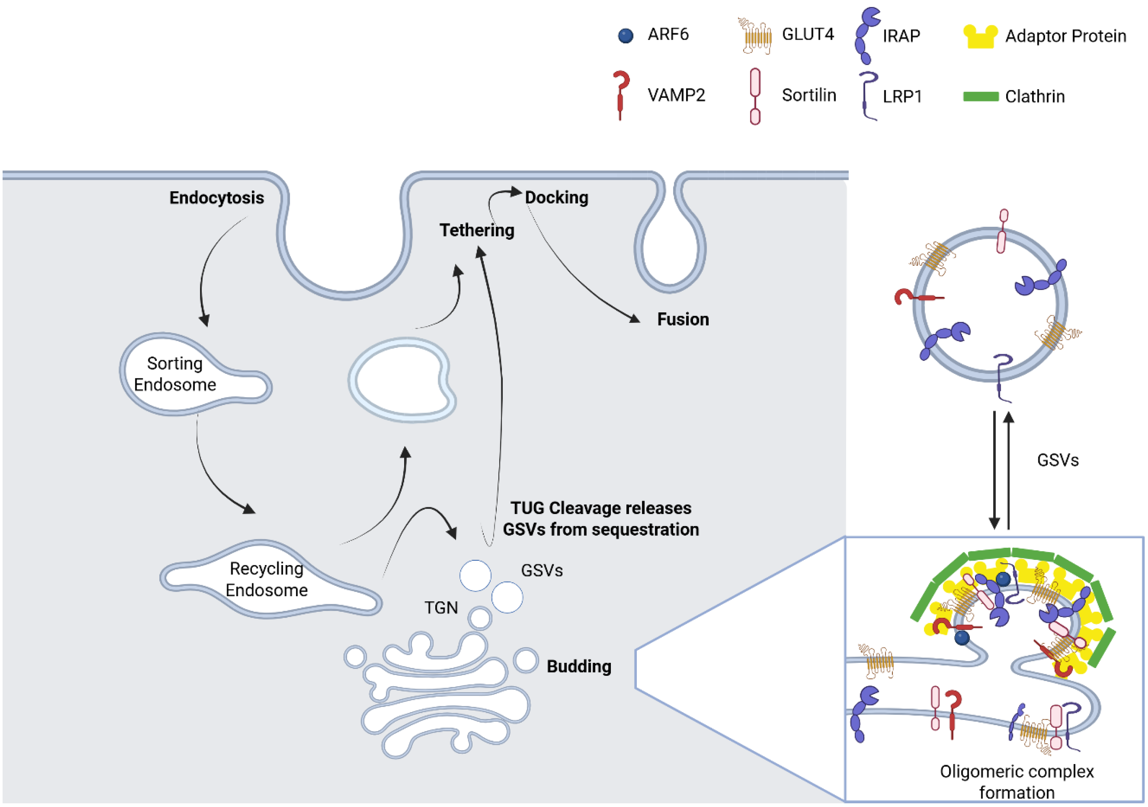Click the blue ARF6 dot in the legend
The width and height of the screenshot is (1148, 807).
(x=626, y=36)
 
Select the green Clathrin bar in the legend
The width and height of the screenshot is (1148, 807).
(x=981, y=96)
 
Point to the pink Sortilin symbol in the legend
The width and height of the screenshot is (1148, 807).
(x=755, y=96)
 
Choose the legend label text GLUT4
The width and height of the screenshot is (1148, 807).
(x=808, y=34)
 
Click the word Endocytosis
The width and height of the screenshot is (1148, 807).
(x=216, y=197)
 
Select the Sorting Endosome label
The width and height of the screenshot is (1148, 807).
(x=174, y=374)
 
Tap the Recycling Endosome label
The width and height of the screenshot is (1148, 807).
(x=266, y=579)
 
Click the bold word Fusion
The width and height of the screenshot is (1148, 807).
(x=682, y=319)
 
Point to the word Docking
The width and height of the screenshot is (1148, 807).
(x=556, y=197)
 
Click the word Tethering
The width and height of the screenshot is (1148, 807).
(x=476, y=230)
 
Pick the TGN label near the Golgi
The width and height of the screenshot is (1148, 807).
(x=441, y=608)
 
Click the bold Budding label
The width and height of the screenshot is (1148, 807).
(x=579, y=667)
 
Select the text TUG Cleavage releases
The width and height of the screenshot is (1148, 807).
(x=600, y=508)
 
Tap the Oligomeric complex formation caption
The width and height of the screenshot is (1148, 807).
(x=1016, y=781)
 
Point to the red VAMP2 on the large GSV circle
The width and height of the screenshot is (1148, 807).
(x=915, y=298)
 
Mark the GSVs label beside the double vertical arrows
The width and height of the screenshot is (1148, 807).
(x=1058, y=460)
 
